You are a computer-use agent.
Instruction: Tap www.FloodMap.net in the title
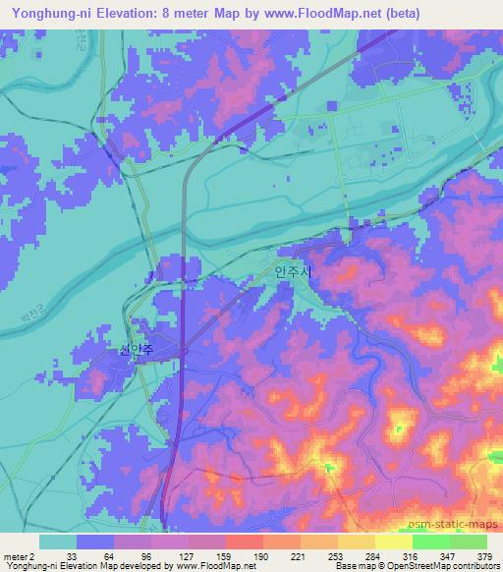pos(315,13)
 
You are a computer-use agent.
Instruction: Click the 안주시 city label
pos(293,270)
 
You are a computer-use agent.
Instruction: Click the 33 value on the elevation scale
pos(72,556)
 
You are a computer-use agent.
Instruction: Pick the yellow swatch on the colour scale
pos(393,542)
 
